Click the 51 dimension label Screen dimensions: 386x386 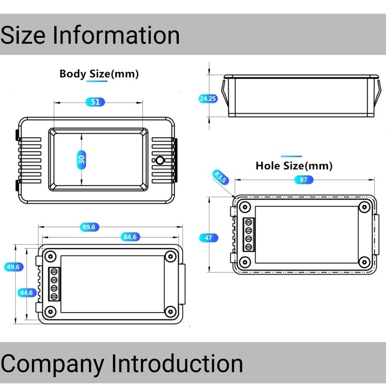coord(95,102)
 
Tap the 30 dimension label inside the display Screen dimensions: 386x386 coord(81,160)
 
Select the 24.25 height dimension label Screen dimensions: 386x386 coord(208,99)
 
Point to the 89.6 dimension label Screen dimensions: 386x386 coord(88,227)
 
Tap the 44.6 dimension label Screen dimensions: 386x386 coord(27,293)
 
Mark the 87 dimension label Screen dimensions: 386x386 coord(304,180)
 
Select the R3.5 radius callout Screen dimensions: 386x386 coord(220,177)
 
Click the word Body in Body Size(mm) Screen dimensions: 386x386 coord(72,74)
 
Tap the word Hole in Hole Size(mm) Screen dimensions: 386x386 coord(269,166)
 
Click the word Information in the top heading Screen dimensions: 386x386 coord(116,35)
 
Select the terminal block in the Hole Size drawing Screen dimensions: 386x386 coord(248,235)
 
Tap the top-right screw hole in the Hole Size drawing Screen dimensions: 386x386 coord(364,207)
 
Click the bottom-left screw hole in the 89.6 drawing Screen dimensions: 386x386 coord(51,311)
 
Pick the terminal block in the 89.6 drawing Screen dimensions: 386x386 coord(54,284)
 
